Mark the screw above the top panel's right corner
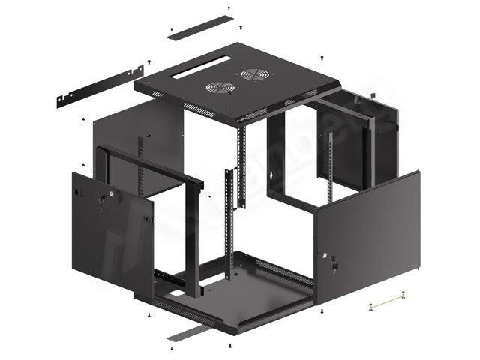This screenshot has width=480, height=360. pos(321,56)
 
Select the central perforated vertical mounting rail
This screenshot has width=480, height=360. pos(242,169)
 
